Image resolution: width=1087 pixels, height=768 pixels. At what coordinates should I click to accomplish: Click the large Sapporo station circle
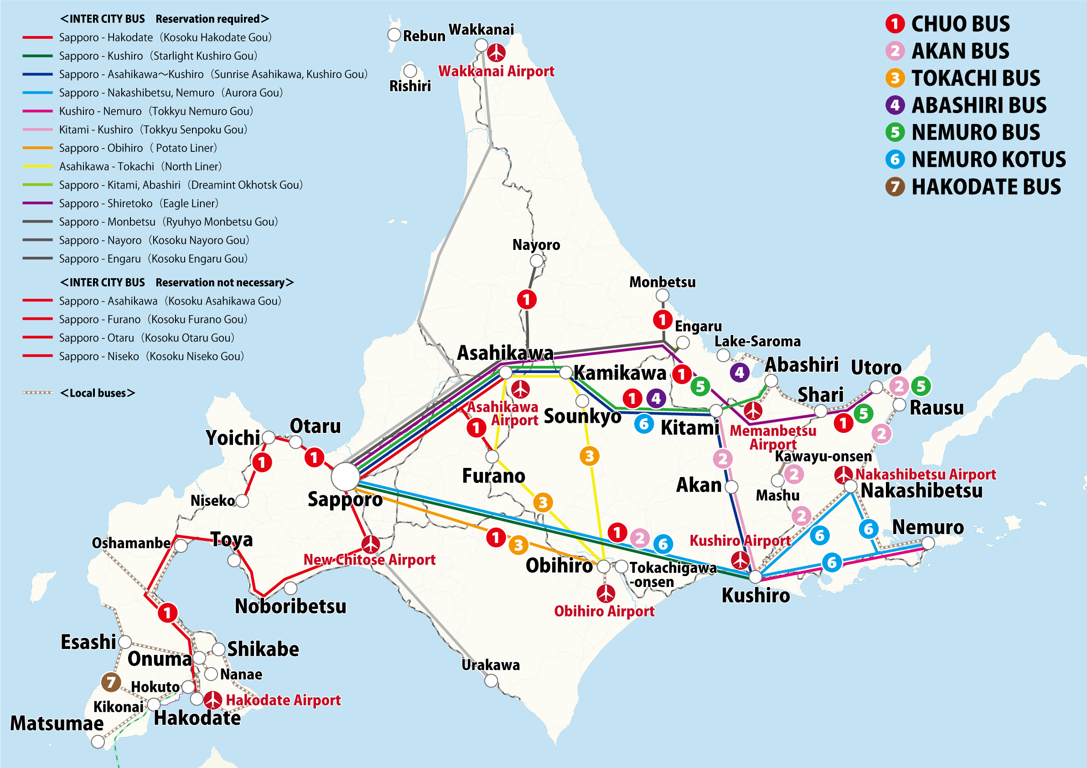tap(345, 476)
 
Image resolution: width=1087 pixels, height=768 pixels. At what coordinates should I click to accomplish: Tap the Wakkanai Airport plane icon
tap(496, 52)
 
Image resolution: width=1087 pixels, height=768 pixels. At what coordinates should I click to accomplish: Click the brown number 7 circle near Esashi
tap(111, 682)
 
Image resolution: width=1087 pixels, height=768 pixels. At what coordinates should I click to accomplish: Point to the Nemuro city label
tap(927, 527)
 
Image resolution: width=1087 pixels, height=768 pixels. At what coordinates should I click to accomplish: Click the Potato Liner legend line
tap(37, 148)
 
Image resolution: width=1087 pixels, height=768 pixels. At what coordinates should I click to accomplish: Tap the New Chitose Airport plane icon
tap(370, 545)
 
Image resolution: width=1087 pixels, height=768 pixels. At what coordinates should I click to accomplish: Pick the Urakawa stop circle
tap(492, 681)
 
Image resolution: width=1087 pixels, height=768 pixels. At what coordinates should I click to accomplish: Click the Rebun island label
tap(424, 36)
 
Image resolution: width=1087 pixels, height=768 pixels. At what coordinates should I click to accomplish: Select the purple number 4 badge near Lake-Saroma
tap(740, 373)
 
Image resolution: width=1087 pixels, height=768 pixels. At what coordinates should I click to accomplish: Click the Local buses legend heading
tap(98, 393)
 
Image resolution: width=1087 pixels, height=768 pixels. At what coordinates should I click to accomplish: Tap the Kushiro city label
tap(756, 595)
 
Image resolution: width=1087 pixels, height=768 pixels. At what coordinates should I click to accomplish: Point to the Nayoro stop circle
tap(536, 261)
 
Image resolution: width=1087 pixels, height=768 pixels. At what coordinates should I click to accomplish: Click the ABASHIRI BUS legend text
tap(978, 105)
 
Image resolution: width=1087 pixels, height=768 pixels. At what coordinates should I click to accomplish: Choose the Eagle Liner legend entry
tap(138, 203)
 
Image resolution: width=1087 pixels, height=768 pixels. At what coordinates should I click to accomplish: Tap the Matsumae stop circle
tap(98, 742)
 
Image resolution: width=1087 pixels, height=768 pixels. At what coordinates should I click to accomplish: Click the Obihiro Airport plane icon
tap(606, 593)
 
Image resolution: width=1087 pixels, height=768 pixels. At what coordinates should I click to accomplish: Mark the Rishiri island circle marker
tap(410, 71)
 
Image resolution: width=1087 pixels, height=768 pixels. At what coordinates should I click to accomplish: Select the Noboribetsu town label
tap(290, 606)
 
